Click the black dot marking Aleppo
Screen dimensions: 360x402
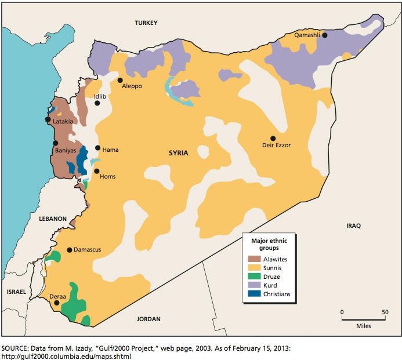(120, 80)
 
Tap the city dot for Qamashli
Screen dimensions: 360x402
(325, 35)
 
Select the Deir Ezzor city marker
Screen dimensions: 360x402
(273, 138)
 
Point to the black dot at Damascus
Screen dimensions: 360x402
(70, 250)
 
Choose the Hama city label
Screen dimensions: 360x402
(110, 150)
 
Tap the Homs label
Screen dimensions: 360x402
(108, 176)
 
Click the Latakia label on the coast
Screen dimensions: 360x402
(63, 122)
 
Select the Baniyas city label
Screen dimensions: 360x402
(66, 150)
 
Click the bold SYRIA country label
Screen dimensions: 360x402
(179, 153)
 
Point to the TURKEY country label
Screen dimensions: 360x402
(146, 23)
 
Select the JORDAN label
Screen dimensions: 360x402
(148, 319)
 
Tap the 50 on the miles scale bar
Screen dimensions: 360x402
(385, 312)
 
